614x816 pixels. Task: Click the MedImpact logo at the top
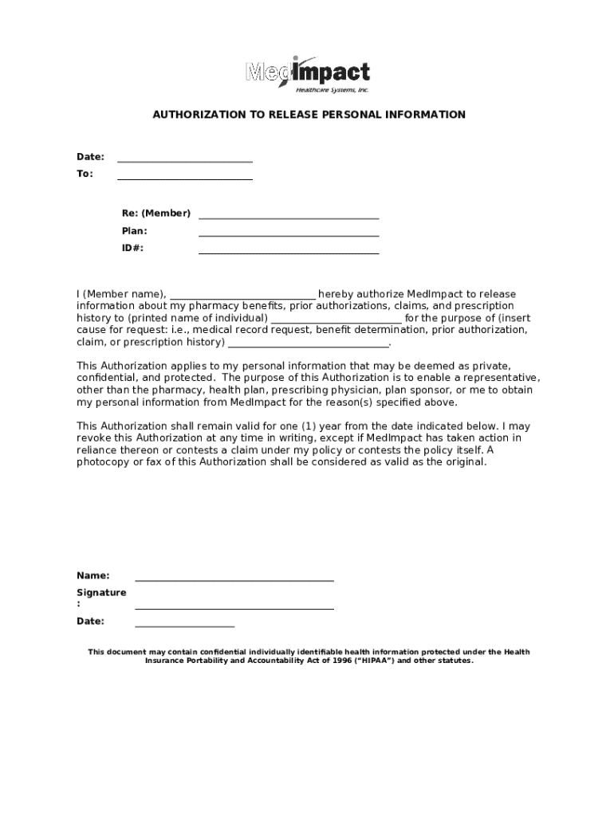click(x=307, y=74)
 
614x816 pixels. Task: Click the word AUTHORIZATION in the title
click(x=198, y=115)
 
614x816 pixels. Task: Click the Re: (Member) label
click(x=155, y=214)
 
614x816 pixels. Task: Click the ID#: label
click(x=132, y=249)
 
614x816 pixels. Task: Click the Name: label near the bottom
click(x=92, y=575)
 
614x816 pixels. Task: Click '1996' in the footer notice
click(x=314, y=661)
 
